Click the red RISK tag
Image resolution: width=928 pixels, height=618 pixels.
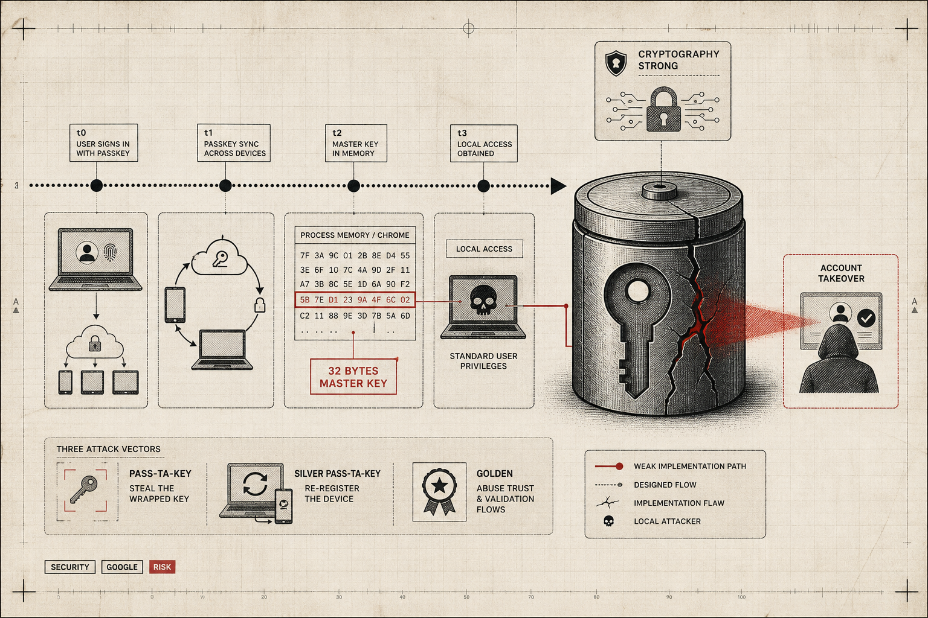[162, 567]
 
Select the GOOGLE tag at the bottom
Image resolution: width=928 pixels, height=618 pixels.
[122, 567]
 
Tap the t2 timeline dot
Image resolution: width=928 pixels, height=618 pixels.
[353, 186]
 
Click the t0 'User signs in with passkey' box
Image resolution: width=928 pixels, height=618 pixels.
[103, 143]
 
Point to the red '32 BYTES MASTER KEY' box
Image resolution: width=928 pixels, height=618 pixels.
[353, 377]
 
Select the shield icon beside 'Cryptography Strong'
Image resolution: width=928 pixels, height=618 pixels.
[616, 63]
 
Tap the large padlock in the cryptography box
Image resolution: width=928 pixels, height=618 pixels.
[664, 109]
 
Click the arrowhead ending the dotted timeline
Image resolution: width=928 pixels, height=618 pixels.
[558, 186]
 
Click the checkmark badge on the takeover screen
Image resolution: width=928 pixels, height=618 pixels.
[866, 318]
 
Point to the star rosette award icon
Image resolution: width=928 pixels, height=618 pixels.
[439, 491]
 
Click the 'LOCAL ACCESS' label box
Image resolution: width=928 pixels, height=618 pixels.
[485, 249]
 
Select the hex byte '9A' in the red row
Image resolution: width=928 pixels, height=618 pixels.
[362, 300]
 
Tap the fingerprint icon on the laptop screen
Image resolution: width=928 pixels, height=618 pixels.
[110, 252]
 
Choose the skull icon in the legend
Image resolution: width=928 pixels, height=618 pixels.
[608, 521]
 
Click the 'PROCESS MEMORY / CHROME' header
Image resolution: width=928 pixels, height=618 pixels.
[355, 235]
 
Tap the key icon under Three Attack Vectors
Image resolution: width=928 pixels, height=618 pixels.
[84, 489]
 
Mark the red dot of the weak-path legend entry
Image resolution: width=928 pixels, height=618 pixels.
[619, 467]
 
